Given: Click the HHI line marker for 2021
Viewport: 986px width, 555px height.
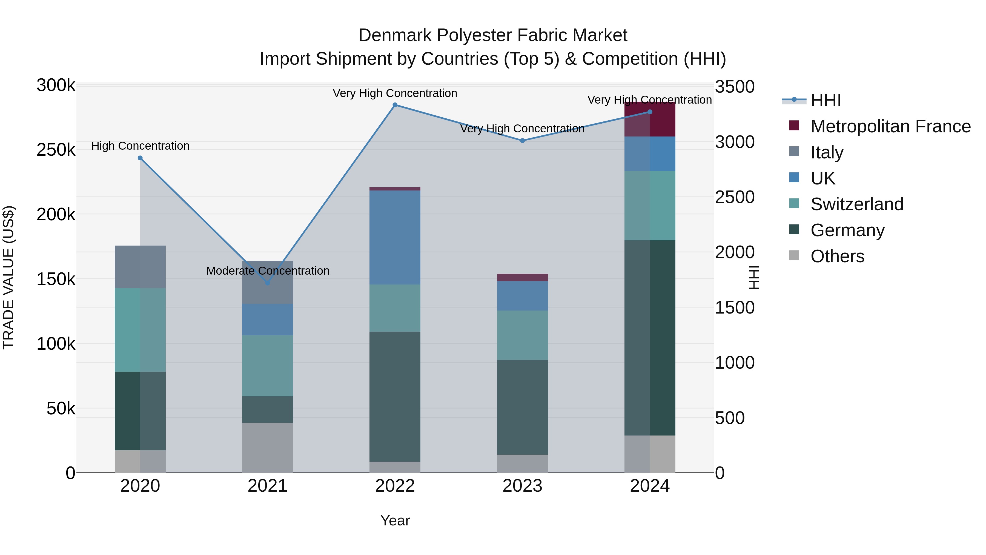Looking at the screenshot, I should [x=268, y=283].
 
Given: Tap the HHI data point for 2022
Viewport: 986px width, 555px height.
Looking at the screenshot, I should [x=395, y=105].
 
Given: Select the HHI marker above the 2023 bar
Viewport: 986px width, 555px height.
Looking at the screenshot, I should [x=523, y=141].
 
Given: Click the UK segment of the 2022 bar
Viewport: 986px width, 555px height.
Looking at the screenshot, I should [x=395, y=237].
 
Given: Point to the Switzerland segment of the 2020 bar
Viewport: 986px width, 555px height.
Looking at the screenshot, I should [x=140, y=329].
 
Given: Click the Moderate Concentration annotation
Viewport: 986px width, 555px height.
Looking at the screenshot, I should [x=268, y=271].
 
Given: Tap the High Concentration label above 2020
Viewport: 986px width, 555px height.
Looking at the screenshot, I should [x=140, y=146].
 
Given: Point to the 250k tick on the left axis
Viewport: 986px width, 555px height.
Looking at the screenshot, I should [x=56, y=150].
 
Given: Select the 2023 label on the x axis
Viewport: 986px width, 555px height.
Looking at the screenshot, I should [x=523, y=486].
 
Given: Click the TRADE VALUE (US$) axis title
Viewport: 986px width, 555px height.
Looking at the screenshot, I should [x=9, y=277].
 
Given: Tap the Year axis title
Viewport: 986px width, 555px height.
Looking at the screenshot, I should [x=395, y=520].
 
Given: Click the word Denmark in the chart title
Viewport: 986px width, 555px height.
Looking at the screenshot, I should [x=395, y=35].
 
